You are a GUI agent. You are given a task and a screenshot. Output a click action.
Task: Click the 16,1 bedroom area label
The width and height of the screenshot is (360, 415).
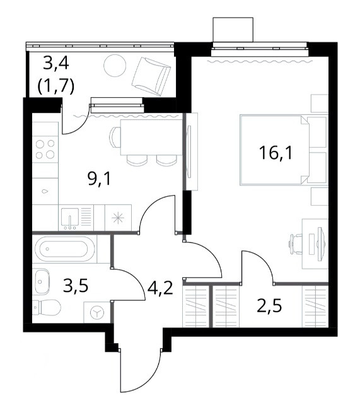tap(276, 153)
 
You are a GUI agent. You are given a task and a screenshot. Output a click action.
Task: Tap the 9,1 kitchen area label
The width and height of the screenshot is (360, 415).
tap(100, 179)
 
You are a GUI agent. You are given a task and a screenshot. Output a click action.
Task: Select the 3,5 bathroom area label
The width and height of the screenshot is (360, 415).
tap(76, 286)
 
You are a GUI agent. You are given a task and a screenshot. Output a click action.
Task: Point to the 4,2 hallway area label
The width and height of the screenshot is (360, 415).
tap(160, 288)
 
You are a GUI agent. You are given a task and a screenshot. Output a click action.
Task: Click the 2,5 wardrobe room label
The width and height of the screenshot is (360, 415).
tap(270, 306)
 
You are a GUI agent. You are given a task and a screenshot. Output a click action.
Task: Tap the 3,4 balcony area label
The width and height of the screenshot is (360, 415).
tap(56, 64)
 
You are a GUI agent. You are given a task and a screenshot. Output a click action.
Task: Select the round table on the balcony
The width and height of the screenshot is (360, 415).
tap(115, 66)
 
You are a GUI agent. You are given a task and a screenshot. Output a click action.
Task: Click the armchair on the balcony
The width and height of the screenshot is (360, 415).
tap(151, 76)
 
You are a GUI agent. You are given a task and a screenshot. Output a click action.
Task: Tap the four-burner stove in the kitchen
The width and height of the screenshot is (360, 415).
tap(45, 149)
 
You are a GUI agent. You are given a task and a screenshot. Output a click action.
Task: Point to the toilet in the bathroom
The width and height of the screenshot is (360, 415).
tap(47, 308)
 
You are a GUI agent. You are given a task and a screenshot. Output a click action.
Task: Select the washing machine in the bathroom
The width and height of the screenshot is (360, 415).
tap(97, 312)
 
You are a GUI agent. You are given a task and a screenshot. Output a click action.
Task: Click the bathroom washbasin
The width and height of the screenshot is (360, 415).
tap(42, 281)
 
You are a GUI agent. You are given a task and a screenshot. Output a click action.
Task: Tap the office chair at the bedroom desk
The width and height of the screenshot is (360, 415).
tap(296, 244)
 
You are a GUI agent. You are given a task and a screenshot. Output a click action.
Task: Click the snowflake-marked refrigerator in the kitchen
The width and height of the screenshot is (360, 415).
tap(119, 218)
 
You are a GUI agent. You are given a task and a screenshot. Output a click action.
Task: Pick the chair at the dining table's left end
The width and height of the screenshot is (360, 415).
tap(115, 137)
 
